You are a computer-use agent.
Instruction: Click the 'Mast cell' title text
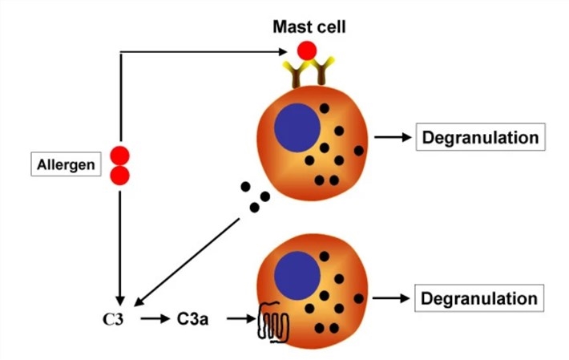coord(309,27)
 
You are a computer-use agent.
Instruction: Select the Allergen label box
coord(67,165)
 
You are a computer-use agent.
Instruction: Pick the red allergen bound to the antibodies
coord(307,52)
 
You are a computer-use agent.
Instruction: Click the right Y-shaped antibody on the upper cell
coord(322,73)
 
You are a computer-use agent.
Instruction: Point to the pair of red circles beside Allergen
coord(119,165)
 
